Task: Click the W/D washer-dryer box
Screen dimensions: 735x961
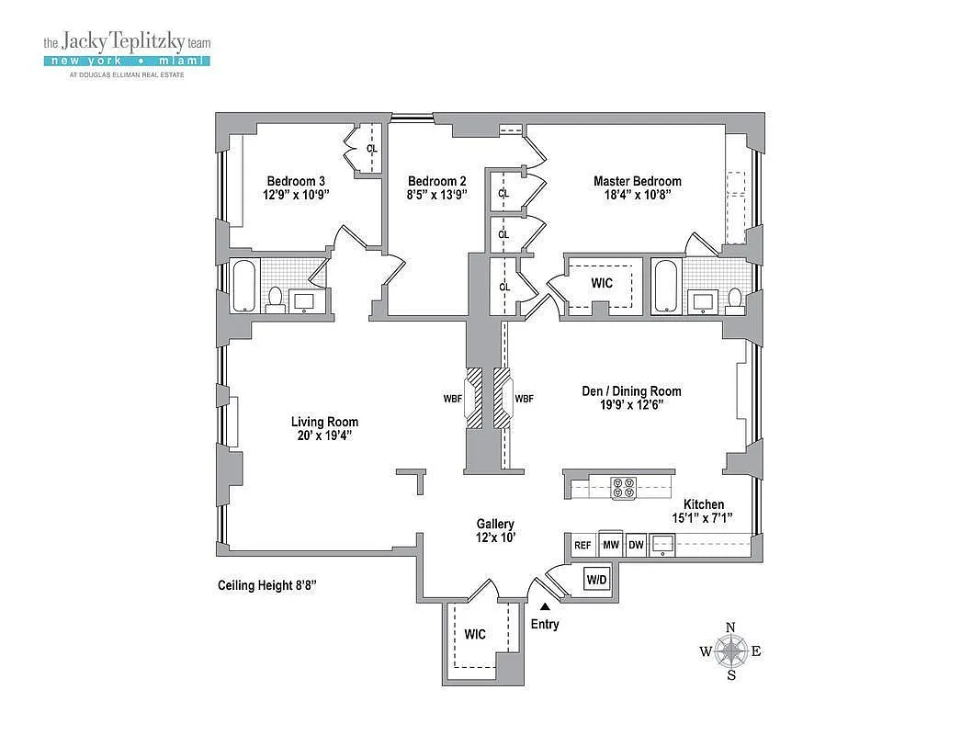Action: click(596, 581)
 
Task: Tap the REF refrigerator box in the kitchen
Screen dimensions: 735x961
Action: click(582, 545)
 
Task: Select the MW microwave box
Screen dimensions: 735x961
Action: click(610, 545)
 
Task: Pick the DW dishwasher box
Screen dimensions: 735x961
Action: click(636, 545)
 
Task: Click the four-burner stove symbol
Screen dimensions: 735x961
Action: click(623, 487)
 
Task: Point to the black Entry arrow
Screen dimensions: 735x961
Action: click(545, 606)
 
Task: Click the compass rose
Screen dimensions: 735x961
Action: click(731, 651)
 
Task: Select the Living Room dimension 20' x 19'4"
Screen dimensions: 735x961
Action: click(319, 435)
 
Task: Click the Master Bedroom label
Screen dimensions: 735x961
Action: click(637, 181)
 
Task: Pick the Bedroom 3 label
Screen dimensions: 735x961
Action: click(296, 181)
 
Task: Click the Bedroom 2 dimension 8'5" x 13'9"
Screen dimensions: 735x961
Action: click(437, 196)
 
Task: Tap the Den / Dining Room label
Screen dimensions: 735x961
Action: click(631, 391)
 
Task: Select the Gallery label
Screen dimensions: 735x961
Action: click(494, 523)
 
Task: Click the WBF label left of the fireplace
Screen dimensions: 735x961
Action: click(453, 399)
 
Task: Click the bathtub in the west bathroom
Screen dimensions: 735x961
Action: click(245, 287)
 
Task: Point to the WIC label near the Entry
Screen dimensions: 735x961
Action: click(475, 634)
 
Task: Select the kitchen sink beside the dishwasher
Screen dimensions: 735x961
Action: click(663, 546)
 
